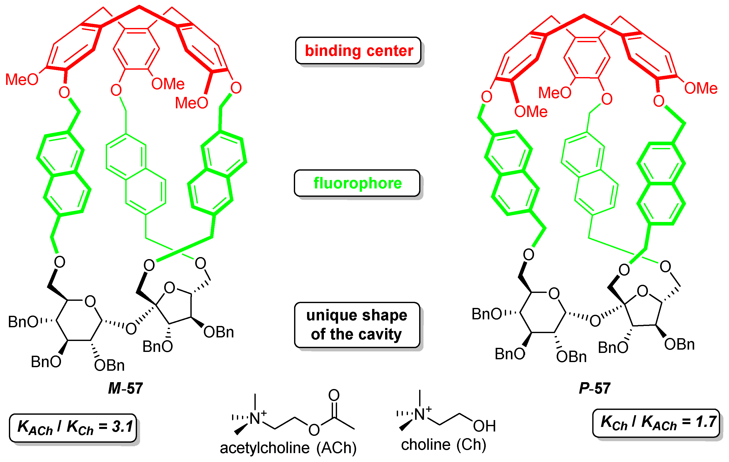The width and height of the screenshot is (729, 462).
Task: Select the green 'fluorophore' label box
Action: pos(357,183)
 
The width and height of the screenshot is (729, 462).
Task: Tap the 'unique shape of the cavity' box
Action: pos(357,325)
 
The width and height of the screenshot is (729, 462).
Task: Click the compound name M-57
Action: pos(125,388)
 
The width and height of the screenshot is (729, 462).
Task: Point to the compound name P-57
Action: pos(595,388)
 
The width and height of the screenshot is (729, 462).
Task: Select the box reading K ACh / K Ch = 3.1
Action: pos(73,427)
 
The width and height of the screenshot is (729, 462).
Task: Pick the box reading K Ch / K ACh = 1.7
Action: pos(656,423)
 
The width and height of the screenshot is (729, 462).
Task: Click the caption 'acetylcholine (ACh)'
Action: pos(288,448)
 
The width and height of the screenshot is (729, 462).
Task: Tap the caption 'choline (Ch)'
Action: pos(444,444)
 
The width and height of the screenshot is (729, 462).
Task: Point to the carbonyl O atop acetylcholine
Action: pos(334,395)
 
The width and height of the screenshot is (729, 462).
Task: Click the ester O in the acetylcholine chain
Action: pos(314,430)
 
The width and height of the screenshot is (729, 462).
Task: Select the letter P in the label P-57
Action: pos(584,388)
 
